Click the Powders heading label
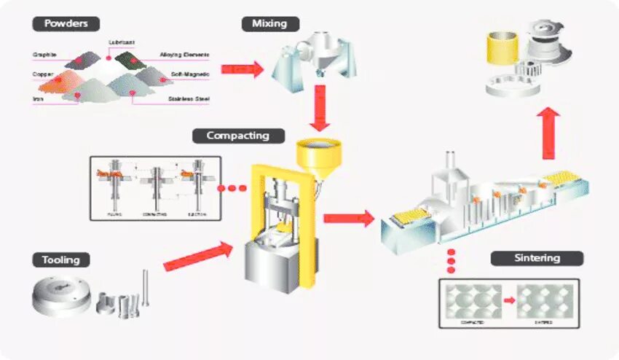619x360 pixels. (66, 23)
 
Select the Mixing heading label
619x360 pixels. (270, 23)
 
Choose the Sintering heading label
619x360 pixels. (537, 258)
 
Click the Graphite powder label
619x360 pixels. (45, 55)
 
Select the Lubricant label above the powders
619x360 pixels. (121, 42)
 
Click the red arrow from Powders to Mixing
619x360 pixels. (241, 69)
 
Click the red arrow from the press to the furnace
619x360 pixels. (348, 217)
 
